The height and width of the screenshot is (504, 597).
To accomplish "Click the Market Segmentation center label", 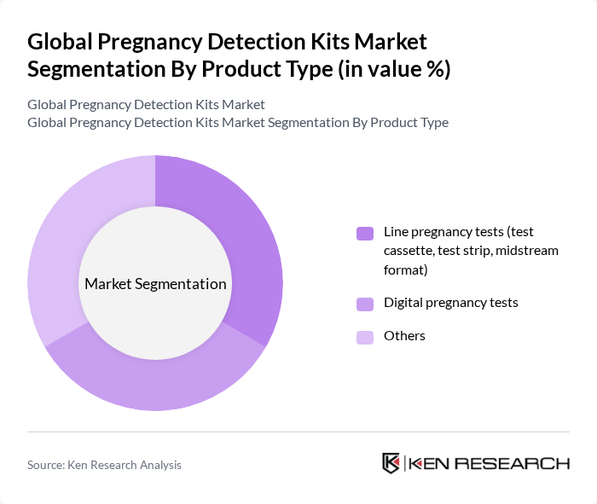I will click(x=155, y=284).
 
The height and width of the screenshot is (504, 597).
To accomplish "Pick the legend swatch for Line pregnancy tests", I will click(x=365, y=233).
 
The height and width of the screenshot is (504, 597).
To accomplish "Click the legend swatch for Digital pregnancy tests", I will click(x=365, y=304).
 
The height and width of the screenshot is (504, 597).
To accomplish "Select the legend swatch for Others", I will click(x=365, y=337).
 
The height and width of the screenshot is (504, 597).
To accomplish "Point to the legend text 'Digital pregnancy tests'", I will click(x=451, y=303).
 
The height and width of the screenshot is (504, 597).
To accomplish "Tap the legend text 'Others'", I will click(x=404, y=336).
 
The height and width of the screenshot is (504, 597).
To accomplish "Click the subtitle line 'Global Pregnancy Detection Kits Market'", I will click(x=146, y=105).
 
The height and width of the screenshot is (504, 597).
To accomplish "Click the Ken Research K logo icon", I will click(x=391, y=463).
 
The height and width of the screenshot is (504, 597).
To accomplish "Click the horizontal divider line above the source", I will click(x=298, y=432).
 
